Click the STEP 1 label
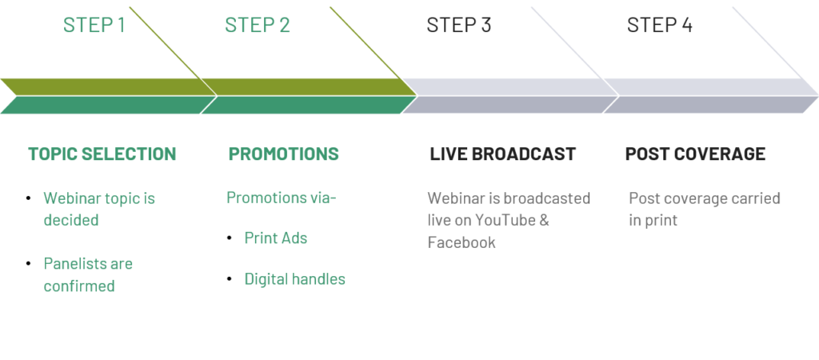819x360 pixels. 94,25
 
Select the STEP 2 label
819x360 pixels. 257,25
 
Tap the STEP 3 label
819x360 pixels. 458,25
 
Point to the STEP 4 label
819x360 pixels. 660,25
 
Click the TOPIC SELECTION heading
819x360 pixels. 102,154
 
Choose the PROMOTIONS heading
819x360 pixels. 284,154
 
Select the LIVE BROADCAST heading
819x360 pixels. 502,154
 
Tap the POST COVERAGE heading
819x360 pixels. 695,154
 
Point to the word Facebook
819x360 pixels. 461,242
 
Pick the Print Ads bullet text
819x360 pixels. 276,238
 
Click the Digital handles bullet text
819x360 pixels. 294,279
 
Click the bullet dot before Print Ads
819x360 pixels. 230,238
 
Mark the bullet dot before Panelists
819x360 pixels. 29,264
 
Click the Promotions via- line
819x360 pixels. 282,198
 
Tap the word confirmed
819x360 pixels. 79,286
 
